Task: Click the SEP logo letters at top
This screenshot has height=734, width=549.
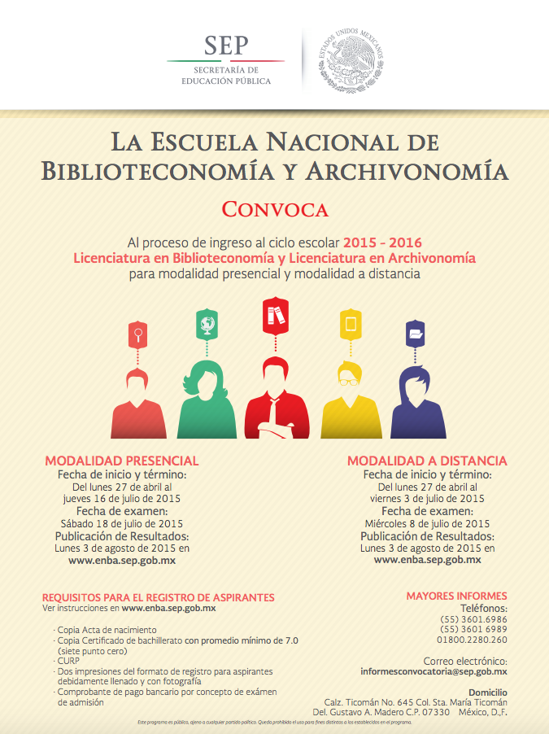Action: pos(226,46)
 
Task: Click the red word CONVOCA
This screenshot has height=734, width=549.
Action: pos(275,209)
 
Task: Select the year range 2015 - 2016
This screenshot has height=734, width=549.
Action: pos(382,242)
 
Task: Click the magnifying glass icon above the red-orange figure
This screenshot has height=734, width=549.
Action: pos(139,333)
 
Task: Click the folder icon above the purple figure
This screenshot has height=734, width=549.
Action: pos(417,334)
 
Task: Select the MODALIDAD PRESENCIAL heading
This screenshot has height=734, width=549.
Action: pos(122,461)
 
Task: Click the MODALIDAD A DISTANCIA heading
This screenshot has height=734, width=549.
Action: pos(427,461)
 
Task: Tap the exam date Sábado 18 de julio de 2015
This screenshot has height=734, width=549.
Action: pos(122,523)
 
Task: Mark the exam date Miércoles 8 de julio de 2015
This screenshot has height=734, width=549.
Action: pos(427,523)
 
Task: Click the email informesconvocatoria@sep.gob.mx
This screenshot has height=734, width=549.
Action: pos(434,672)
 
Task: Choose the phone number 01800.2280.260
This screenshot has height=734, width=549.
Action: pos(473,640)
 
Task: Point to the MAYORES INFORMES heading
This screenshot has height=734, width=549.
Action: pos(456,596)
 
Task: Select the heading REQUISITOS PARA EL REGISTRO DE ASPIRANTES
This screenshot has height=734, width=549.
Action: pos(159,597)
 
